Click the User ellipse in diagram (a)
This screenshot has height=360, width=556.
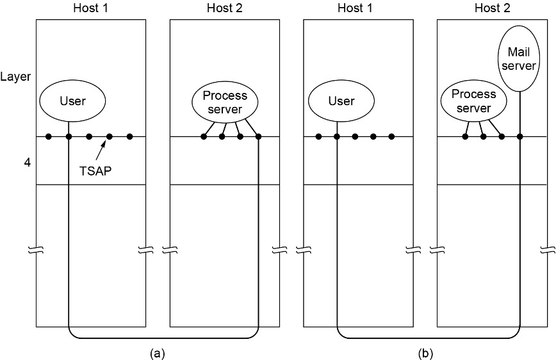point(72,101)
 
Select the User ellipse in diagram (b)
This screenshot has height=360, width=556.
point(341,101)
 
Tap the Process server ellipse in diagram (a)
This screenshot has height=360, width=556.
point(225,101)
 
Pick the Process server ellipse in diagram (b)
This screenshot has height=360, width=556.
point(473,101)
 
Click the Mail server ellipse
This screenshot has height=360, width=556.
point(519,57)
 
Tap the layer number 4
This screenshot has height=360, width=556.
point(9,163)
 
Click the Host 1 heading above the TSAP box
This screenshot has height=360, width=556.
point(90,8)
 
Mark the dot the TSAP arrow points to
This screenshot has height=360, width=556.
point(110,136)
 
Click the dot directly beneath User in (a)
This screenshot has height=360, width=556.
point(69,136)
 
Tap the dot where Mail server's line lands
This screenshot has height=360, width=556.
point(519,136)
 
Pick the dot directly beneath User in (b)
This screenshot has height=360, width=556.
point(336,136)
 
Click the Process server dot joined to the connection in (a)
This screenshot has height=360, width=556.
point(258,136)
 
